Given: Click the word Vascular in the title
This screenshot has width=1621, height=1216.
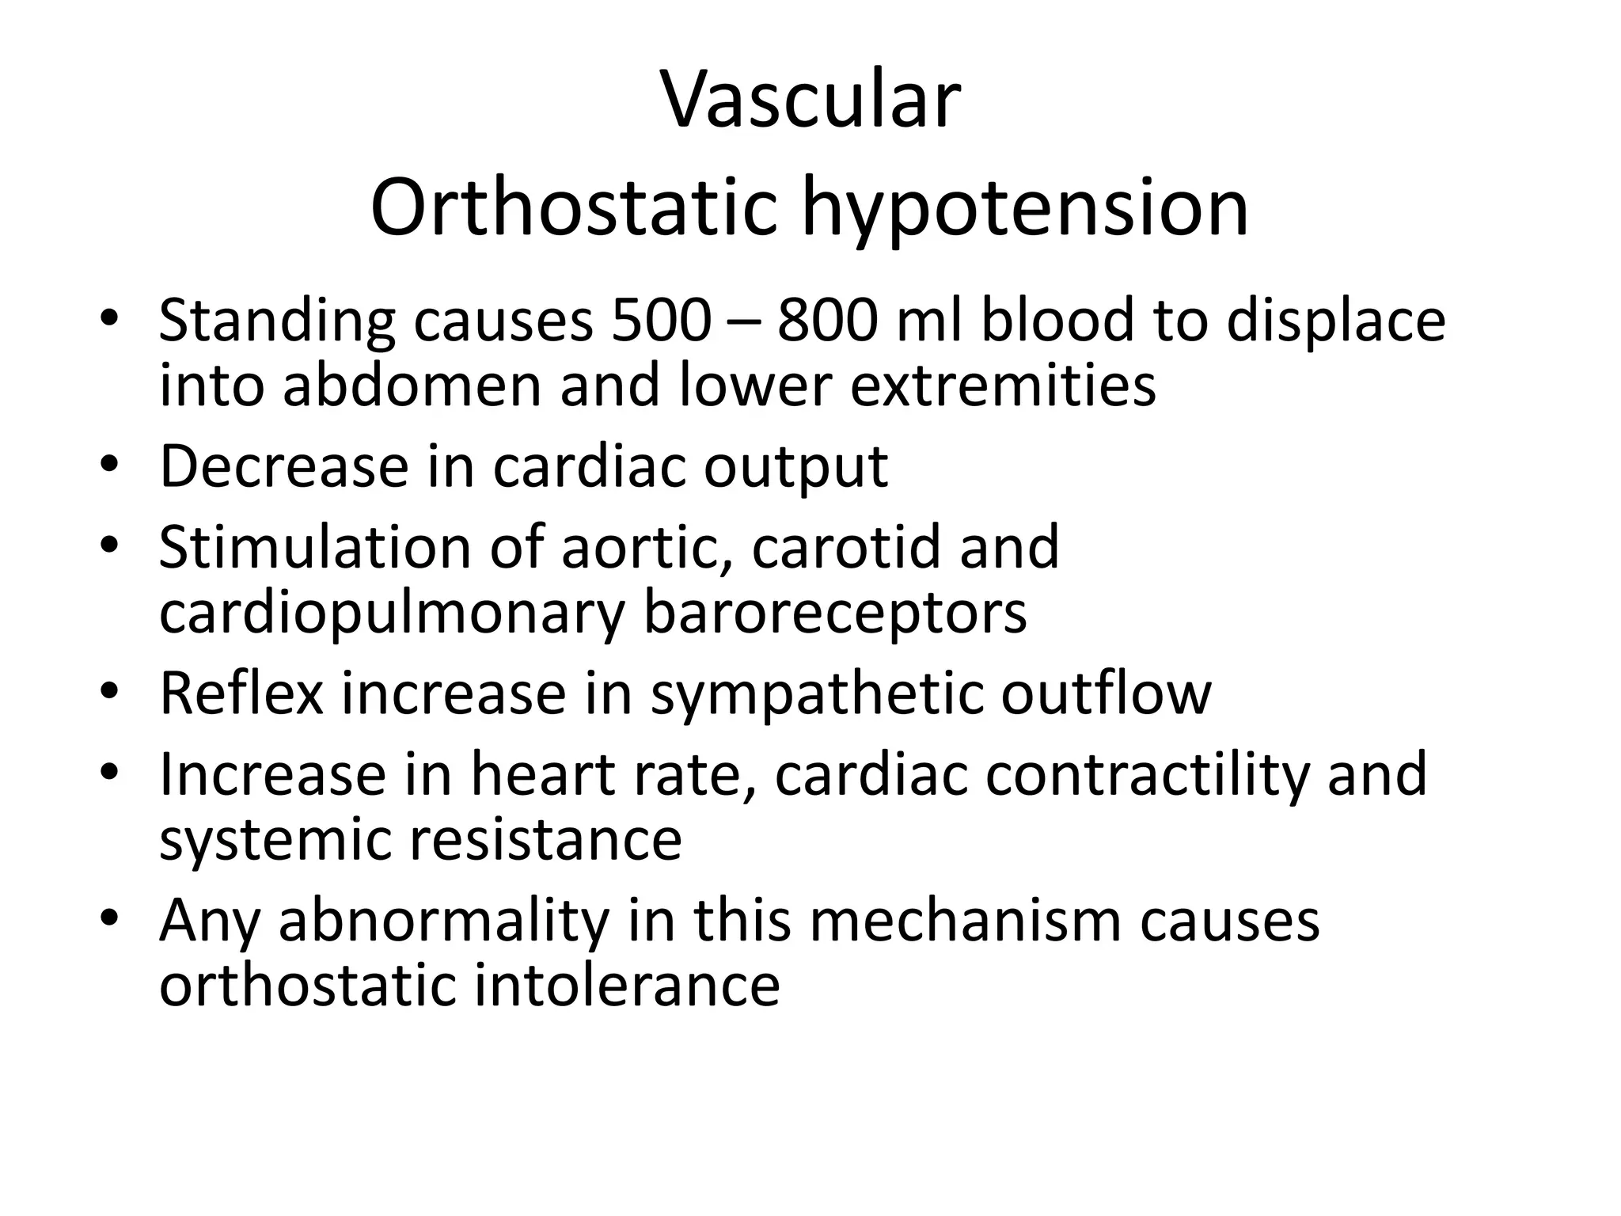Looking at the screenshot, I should [810, 101].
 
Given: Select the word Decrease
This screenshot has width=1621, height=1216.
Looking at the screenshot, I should [284, 466].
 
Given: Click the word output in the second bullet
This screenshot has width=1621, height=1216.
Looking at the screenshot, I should [795, 468].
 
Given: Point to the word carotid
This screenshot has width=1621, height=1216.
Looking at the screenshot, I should [845, 547].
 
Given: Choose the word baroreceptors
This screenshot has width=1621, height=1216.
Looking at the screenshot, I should [835, 614].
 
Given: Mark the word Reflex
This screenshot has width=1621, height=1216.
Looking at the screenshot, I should [241, 693].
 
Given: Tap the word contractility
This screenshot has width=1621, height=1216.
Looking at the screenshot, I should [1148, 775].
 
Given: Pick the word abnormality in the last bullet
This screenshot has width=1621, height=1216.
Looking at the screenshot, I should [444, 921].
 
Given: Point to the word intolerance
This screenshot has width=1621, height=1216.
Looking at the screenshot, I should [627, 986].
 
